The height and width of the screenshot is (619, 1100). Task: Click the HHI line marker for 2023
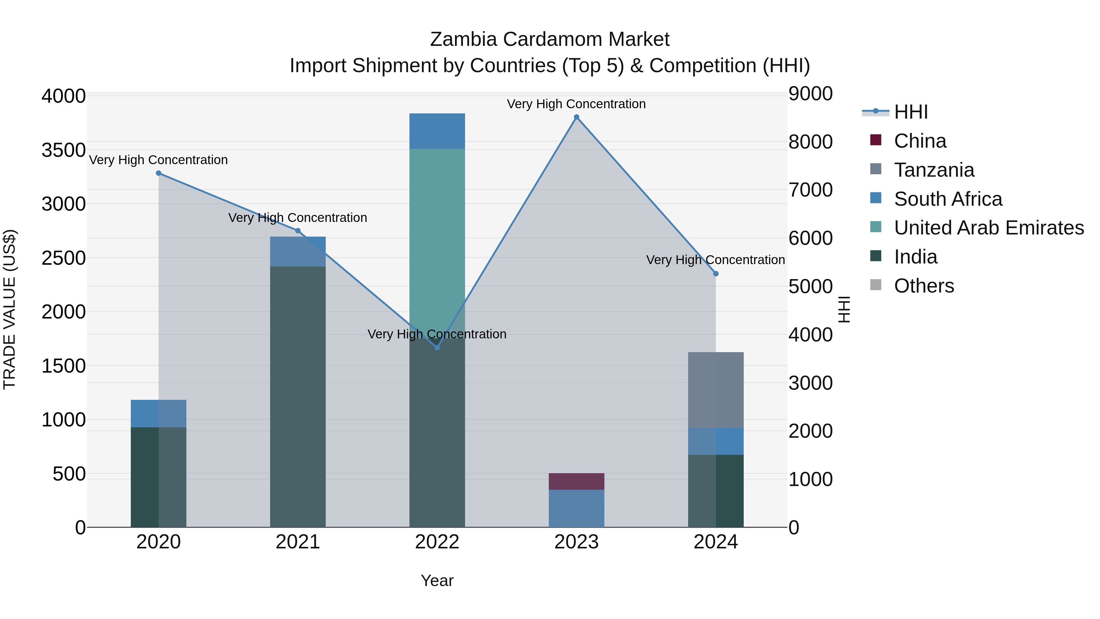(577, 117)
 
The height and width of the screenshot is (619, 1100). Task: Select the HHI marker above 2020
(158, 173)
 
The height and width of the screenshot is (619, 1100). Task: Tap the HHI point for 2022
(437, 348)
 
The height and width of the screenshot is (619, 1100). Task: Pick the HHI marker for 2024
(716, 274)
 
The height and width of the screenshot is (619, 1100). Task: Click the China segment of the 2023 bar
(577, 481)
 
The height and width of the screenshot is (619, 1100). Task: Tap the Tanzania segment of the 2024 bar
(716, 390)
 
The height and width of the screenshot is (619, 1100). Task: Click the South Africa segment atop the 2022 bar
(437, 131)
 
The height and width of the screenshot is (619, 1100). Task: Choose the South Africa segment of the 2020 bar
(158, 414)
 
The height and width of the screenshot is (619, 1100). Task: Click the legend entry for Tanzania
(934, 170)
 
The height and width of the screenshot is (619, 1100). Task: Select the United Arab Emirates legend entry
(988, 228)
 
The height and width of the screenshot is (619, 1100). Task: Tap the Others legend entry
(924, 286)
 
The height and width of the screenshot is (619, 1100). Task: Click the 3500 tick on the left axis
(63, 150)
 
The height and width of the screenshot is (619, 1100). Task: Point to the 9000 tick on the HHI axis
(810, 94)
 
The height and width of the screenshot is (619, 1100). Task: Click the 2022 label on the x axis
(437, 542)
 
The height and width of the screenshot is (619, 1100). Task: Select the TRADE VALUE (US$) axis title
(9, 309)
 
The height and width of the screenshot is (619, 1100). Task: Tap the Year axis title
(437, 580)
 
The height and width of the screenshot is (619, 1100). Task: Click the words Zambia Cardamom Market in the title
(550, 39)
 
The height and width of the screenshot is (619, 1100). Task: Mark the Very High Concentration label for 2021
(298, 218)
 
